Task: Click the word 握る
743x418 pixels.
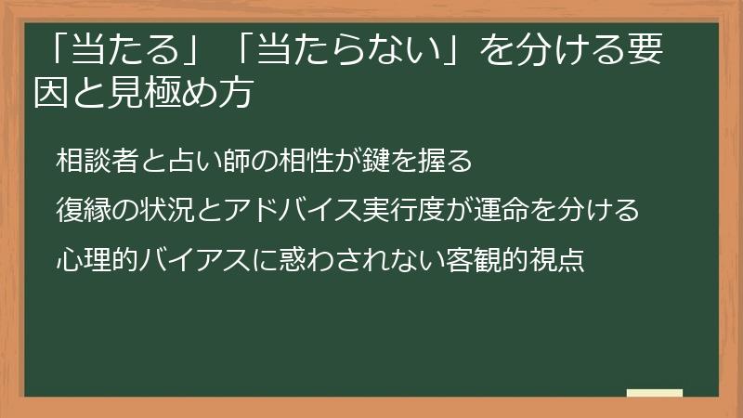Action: coord(447,161)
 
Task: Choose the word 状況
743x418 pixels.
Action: coord(164,210)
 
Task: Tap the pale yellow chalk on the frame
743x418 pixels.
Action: coord(655,393)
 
